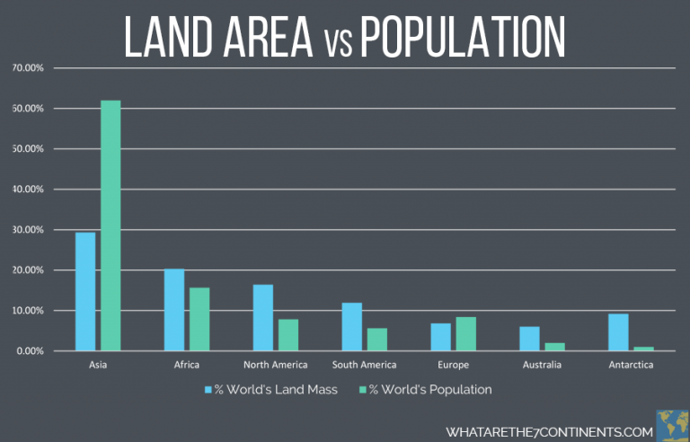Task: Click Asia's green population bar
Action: [111, 225]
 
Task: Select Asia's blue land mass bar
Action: [85, 291]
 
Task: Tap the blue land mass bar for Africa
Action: [174, 309]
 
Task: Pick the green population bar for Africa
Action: [199, 319]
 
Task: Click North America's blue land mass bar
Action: [262, 317]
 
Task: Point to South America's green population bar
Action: [376, 339]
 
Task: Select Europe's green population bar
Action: [465, 333]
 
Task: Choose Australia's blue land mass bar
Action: [529, 338]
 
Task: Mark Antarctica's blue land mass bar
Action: [618, 331]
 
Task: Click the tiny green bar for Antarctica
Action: [643, 349]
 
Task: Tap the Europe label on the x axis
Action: [453, 365]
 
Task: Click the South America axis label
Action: [364, 365]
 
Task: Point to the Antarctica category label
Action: [630, 365]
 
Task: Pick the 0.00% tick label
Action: [31, 351]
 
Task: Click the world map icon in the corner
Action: [673, 425]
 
